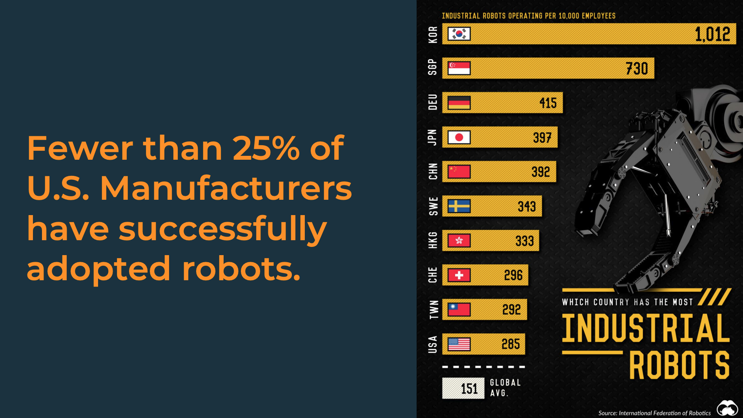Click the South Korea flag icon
tap(459, 34)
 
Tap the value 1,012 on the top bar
tap(712, 35)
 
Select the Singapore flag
tap(459, 68)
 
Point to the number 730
tap(637, 69)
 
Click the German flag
tap(459, 103)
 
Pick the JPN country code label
tap(432, 137)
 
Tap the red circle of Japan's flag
tap(459, 137)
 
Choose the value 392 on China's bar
tap(541, 172)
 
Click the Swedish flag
tap(459, 206)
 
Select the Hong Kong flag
tap(459, 241)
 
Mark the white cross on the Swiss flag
tap(459, 275)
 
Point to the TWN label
tap(433, 310)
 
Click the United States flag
tap(459, 344)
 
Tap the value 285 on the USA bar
tap(510, 344)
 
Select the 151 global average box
tap(463, 389)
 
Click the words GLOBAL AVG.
tap(505, 388)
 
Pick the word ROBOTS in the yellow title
tap(679, 365)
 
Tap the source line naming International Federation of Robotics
tap(654, 413)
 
